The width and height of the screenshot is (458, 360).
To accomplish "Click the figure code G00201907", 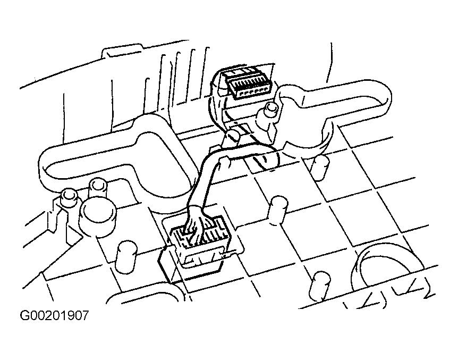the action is (x=54, y=315).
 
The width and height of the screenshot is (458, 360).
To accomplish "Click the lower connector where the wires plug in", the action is (x=201, y=241).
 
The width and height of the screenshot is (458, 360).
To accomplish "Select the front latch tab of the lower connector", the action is (x=202, y=258).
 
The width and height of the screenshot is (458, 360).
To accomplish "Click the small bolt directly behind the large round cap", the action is (x=98, y=188).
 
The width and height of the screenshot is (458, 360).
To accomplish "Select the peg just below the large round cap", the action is (x=126, y=255).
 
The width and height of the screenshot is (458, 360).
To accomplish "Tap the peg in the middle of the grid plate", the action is (x=277, y=211).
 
